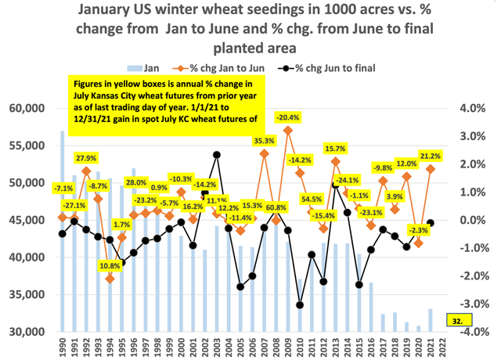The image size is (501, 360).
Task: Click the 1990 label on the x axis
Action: [x=63, y=347]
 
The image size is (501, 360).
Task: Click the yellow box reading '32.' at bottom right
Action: [x=455, y=319]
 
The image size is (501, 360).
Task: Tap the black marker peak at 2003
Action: [x=217, y=154]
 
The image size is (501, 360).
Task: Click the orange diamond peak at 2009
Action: [x=288, y=131]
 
